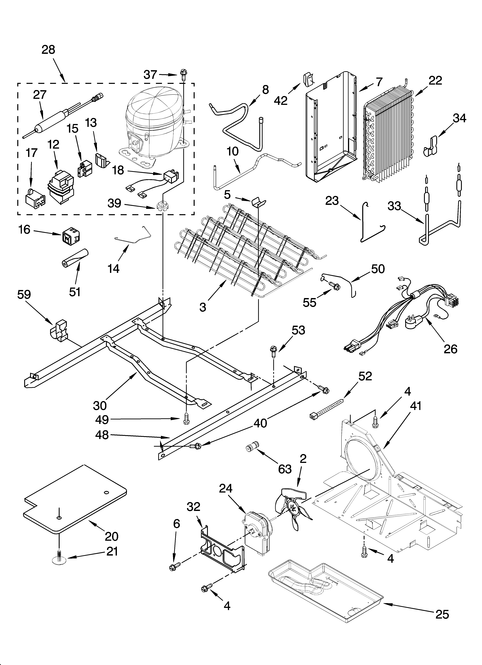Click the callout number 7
379,82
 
